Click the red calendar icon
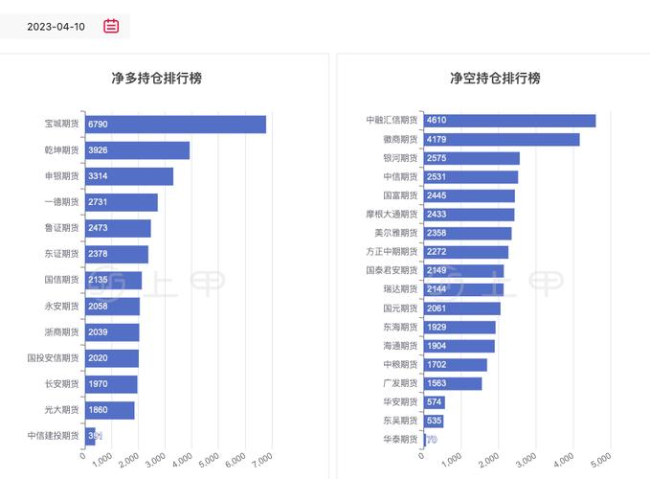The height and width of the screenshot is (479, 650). pos(111,26)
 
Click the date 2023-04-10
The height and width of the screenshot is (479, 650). pos(56,27)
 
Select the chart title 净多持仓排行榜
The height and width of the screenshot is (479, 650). pos(157,79)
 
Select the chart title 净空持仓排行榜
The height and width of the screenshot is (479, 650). pos(495,79)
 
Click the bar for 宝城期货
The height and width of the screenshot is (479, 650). pos(175,125)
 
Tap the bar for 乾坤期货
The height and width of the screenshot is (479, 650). pos(137,150)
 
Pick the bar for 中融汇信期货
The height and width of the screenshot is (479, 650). pos(509,121)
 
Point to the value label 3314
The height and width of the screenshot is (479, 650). pos(98,176)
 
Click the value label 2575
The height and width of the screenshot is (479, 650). pos(437,158)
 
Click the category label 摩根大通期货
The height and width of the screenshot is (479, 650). pos(392,214)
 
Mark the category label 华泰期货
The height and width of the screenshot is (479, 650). pos(400,439)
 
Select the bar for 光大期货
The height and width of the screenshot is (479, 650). pos(110,410)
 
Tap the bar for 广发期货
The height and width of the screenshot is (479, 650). pos(452,383)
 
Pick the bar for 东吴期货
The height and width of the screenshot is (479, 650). pos(433,421)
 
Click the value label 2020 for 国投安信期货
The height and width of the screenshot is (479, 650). pos(98,358)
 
